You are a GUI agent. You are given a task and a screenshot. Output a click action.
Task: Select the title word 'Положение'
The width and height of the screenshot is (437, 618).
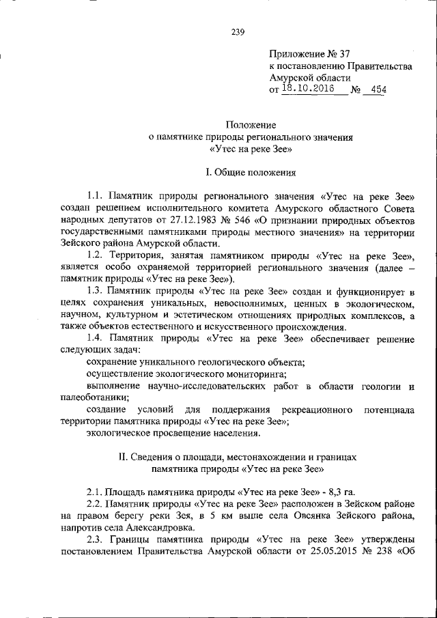click(251, 125)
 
